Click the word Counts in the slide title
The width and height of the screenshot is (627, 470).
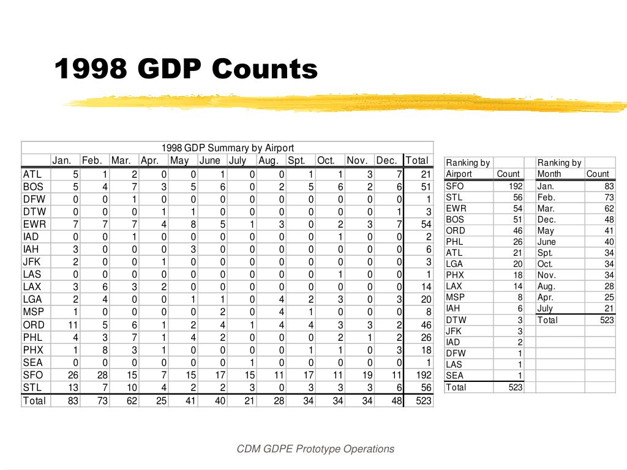pos(265,69)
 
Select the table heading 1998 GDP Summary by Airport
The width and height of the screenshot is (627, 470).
pos(228,148)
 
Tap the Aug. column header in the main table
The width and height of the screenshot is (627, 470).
pos(268,161)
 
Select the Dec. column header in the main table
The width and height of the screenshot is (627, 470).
pos(387,161)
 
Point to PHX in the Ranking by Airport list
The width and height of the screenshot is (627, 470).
pos(455,275)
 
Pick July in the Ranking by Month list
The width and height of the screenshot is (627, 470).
pos(545,308)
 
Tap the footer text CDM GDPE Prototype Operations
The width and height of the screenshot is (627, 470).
pos(315,449)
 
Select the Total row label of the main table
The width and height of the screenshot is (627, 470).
pos(34,401)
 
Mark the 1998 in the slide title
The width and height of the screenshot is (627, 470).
pos(91,69)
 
